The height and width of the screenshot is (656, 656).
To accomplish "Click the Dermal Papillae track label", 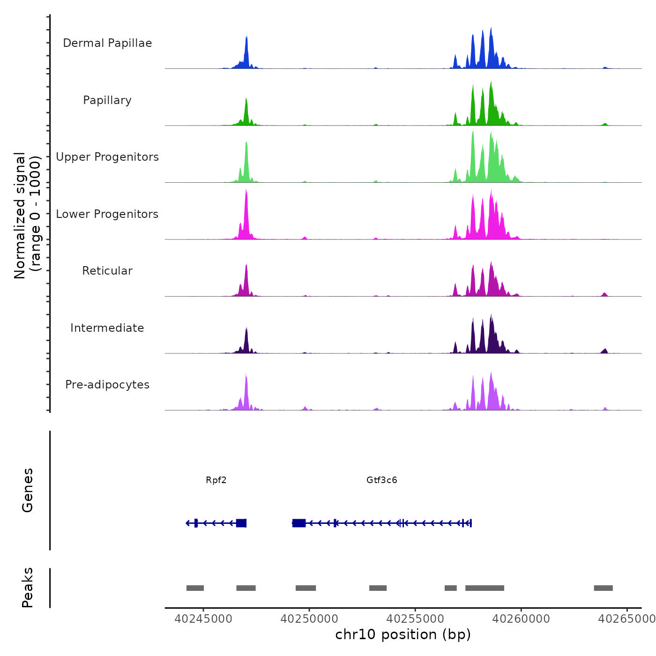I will [x=107, y=43].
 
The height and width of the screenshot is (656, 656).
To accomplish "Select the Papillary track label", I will [x=107, y=100].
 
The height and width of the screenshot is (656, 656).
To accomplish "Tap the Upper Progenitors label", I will [x=107, y=157].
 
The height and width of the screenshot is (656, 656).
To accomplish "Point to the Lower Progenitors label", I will [x=107, y=214].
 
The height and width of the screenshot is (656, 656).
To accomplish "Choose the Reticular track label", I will [x=107, y=271].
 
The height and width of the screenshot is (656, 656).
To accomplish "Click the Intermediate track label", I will [x=107, y=328].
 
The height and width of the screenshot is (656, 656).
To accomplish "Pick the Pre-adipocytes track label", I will [x=107, y=385].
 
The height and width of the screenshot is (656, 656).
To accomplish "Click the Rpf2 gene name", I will [x=216, y=480].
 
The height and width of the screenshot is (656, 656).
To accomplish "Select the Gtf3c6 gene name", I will [x=381, y=480].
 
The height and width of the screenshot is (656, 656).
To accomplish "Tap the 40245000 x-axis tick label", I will [x=203, y=619].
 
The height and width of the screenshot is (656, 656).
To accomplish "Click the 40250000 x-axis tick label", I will [x=309, y=619].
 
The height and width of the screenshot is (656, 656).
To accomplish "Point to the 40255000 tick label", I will [x=415, y=619].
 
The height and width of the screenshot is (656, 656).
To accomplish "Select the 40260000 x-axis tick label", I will [x=521, y=619].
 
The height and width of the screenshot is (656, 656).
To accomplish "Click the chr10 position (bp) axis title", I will [x=403, y=634].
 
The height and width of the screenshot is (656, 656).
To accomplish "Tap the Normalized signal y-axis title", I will [x=27, y=215].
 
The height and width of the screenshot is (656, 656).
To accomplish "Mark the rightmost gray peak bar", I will [x=603, y=588].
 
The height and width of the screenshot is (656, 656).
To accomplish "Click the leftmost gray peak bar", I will [x=195, y=588].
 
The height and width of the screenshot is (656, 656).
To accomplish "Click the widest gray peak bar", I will [x=485, y=588].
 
